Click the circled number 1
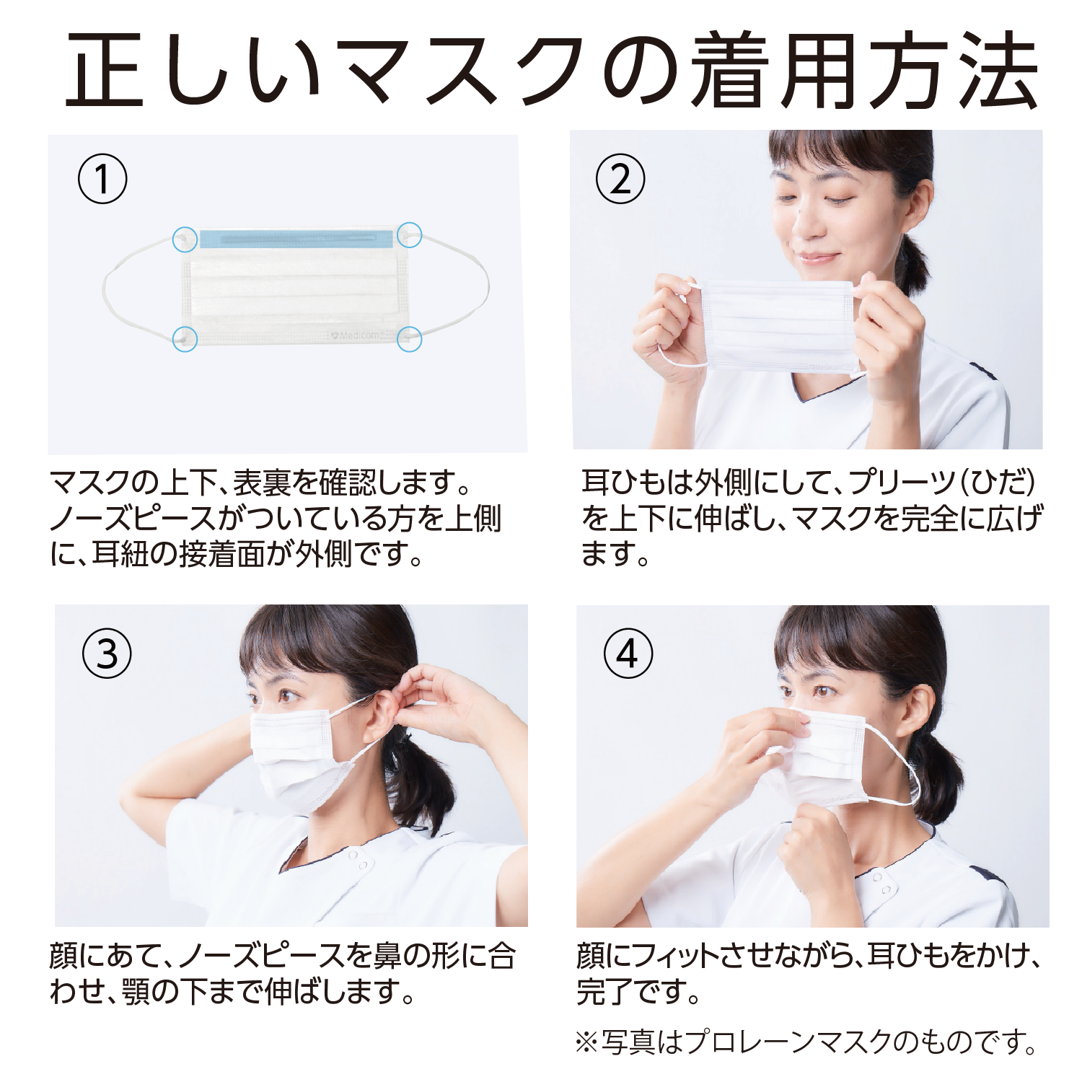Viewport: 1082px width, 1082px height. coord(102,179)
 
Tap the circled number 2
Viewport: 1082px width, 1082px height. coord(620,179)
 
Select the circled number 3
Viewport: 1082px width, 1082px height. coord(107,654)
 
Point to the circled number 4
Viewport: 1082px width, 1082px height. coord(628,654)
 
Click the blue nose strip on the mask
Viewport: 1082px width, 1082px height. coord(296,239)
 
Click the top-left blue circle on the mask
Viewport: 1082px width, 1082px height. coord(185,239)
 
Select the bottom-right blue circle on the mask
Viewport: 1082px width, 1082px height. coord(410,339)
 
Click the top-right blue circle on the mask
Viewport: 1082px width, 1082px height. coord(410,234)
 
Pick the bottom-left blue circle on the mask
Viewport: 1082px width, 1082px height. coord(185,338)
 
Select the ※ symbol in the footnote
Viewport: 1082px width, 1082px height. coord(587,1042)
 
